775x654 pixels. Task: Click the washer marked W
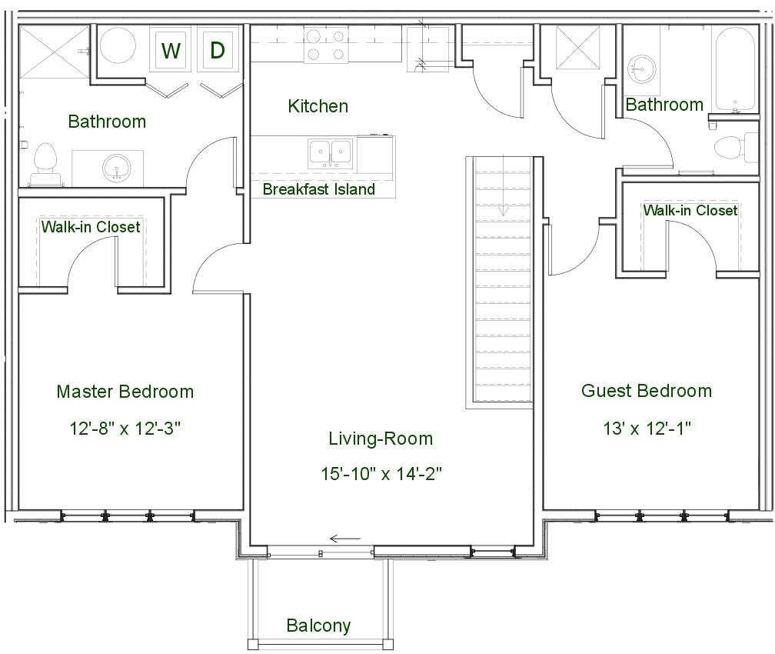(171, 51)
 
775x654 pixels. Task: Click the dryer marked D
(218, 51)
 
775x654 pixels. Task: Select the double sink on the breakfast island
(330, 154)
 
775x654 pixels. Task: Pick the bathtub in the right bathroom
(736, 69)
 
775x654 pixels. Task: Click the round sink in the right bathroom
(640, 69)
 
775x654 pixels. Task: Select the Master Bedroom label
(125, 392)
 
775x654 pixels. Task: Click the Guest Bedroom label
(647, 391)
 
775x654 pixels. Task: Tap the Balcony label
(318, 626)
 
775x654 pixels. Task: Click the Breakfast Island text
(319, 189)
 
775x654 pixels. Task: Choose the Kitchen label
(318, 106)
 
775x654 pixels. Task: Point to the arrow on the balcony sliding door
(344, 539)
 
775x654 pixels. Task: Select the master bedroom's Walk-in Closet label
(91, 227)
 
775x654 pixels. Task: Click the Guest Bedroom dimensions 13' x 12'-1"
(647, 429)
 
